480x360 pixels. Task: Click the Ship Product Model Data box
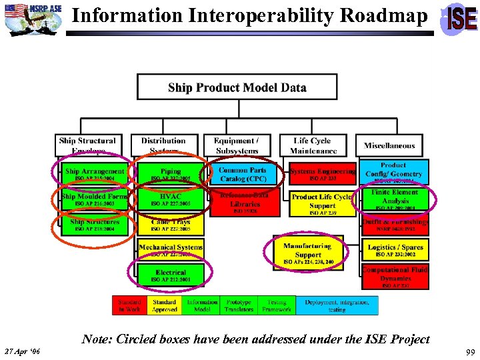pos(237,88)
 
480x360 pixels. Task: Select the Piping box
pos(171,174)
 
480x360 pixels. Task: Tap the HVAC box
pos(171,199)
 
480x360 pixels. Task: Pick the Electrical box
pos(171,275)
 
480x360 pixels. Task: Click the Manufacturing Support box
pos(308,253)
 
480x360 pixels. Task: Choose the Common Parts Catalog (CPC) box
pos(242,173)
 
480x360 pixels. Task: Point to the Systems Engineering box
pos(323,174)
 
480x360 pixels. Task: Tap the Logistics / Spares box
pos(395,249)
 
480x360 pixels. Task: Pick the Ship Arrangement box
pos(94,174)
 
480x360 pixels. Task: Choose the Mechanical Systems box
pos(171,250)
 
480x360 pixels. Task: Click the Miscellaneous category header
pos(389,145)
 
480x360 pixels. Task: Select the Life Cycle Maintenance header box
pos(312,145)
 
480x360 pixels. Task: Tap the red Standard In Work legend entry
pos(129,305)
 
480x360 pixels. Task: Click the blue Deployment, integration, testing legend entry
pos(337,305)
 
